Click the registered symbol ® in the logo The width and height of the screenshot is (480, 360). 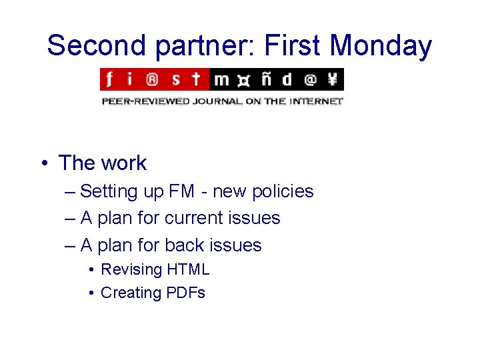click(152, 80)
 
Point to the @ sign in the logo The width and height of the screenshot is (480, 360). click(310, 80)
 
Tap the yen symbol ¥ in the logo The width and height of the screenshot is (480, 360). click(332, 80)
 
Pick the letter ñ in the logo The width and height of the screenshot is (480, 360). click(265, 80)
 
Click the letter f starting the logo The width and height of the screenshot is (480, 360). click(109, 80)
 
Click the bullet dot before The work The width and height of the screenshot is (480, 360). click(43, 163)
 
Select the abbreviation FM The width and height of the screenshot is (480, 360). click(182, 191)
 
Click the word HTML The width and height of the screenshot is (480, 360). click(188, 269)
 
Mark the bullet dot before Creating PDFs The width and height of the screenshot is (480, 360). click(91, 293)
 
